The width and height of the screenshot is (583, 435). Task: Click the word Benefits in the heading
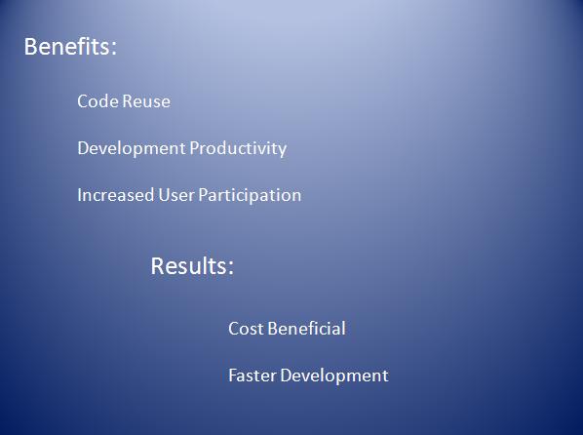tap(67, 47)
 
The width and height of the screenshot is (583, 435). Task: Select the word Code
tap(97, 101)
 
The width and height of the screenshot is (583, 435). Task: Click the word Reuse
tap(146, 101)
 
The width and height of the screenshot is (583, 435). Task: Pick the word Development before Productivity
tap(132, 149)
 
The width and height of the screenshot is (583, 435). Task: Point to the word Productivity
tap(238, 149)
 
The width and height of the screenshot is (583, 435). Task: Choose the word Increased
tap(116, 195)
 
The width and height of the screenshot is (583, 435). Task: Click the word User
tap(175, 195)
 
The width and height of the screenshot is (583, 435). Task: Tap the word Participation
tap(250, 196)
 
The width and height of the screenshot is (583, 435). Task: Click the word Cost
tap(246, 329)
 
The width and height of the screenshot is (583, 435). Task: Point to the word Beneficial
tap(306, 329)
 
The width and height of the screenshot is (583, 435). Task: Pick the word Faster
tap(253, 376)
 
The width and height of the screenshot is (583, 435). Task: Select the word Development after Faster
tap(334, 376)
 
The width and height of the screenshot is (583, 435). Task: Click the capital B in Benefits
tap(30, 47)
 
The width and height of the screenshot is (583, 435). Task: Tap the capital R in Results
tap(158, 265)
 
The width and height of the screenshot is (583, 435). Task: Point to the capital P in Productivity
tap(194, 148)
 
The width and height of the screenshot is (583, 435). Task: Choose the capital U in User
tap(164, 195)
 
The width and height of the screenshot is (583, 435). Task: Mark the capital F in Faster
tap(233, 376)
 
